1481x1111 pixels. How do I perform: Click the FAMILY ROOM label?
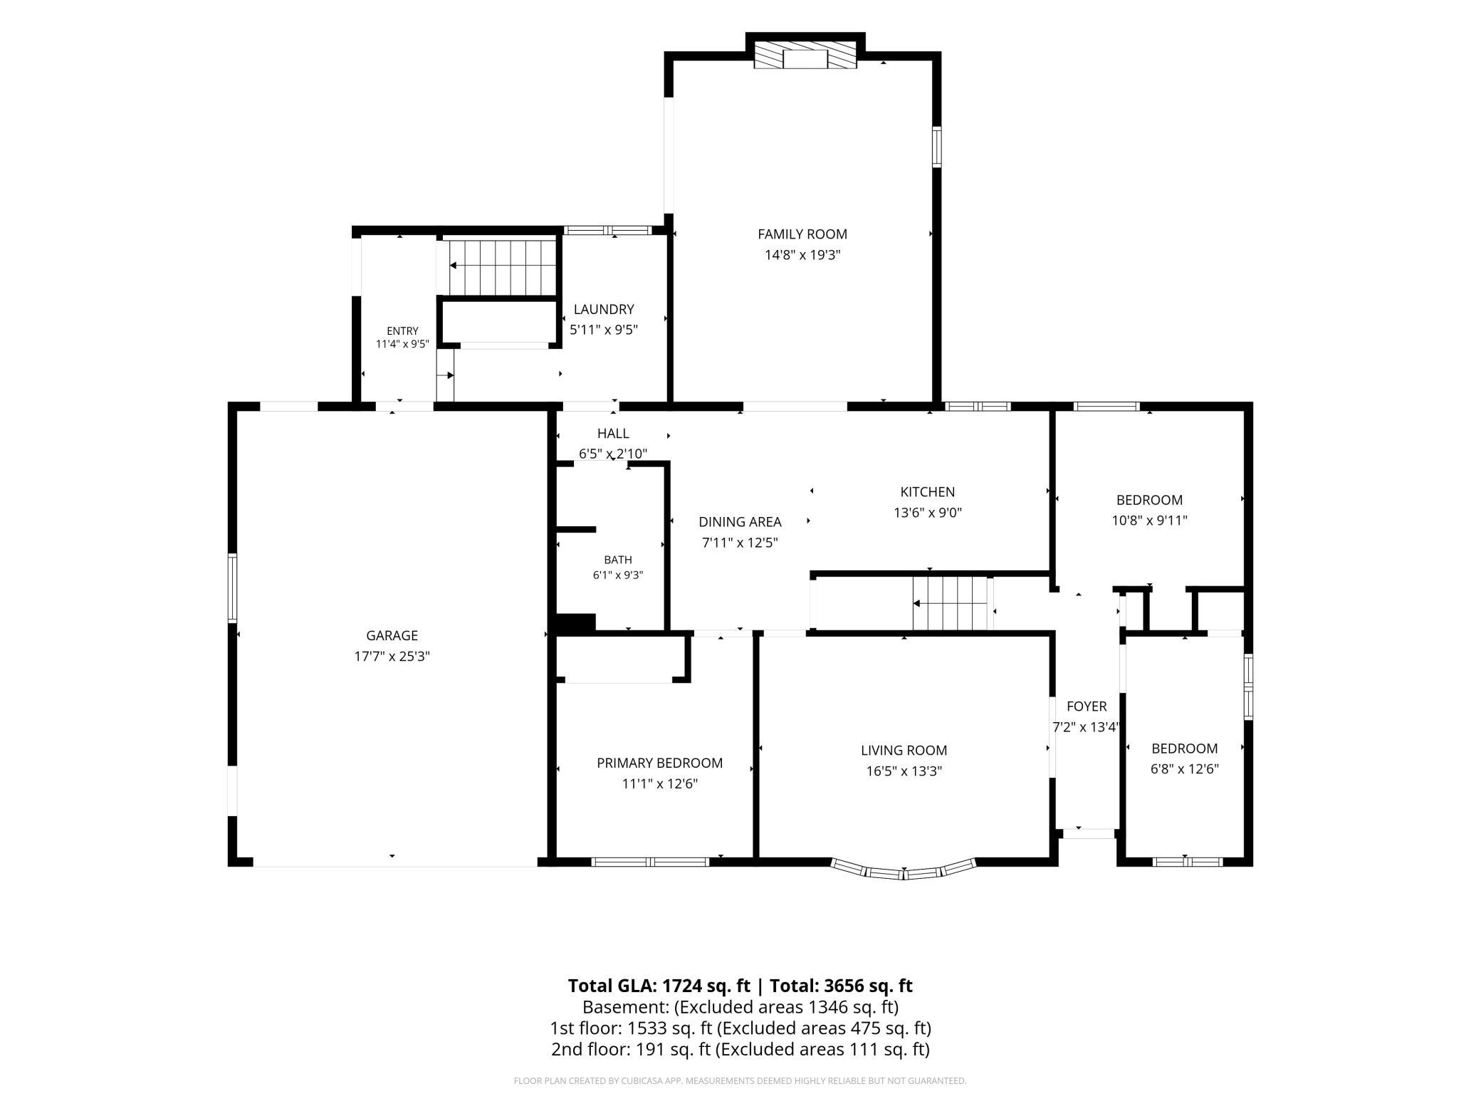pos(802,234)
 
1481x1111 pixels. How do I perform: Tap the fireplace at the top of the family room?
pos(805,58)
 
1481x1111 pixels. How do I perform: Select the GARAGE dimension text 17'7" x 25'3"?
pos(392,656)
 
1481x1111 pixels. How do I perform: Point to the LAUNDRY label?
pos(604,309)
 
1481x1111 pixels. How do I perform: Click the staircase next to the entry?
pos(502,267)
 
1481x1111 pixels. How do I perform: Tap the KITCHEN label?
pos(928,491)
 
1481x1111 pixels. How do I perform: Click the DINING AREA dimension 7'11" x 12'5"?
pos(740,543)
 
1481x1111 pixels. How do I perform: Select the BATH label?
pos(618,560)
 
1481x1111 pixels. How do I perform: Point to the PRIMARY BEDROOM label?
pos(660,763)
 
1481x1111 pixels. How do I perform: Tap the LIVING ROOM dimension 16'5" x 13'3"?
pos(904,771)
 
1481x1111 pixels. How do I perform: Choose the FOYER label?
pos(1087,706)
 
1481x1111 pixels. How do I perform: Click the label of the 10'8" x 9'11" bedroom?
pos(1149,500)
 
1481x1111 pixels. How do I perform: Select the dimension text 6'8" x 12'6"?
pos(1185,769)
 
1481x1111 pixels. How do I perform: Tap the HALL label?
pos(613,433)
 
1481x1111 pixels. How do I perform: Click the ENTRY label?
pos(402,331)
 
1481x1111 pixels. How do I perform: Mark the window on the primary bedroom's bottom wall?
pos(651,862)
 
